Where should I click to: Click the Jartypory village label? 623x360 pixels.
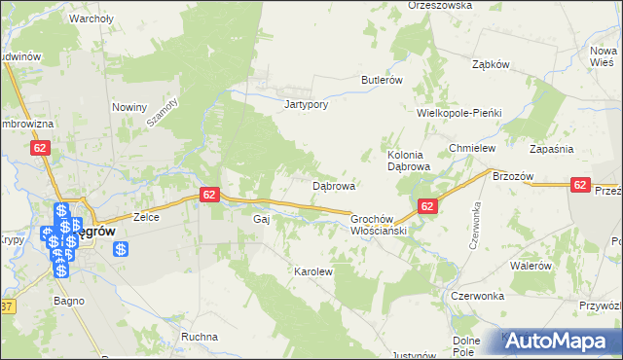[x=305, y=104]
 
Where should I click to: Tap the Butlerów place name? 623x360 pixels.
[x=382, y=80]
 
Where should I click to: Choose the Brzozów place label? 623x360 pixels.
[x=515, y=176]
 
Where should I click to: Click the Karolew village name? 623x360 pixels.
[x=313, y=271]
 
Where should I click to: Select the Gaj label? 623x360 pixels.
[x=260, y=220]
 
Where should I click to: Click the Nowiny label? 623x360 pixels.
[x=128, y=107]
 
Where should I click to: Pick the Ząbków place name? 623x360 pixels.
[x=491, y=65]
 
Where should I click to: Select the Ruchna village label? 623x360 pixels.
[x=200, y=337]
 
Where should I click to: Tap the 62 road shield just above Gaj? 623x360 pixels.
[x=209, y=195]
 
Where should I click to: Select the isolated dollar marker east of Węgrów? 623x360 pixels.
[x=122, y=249]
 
